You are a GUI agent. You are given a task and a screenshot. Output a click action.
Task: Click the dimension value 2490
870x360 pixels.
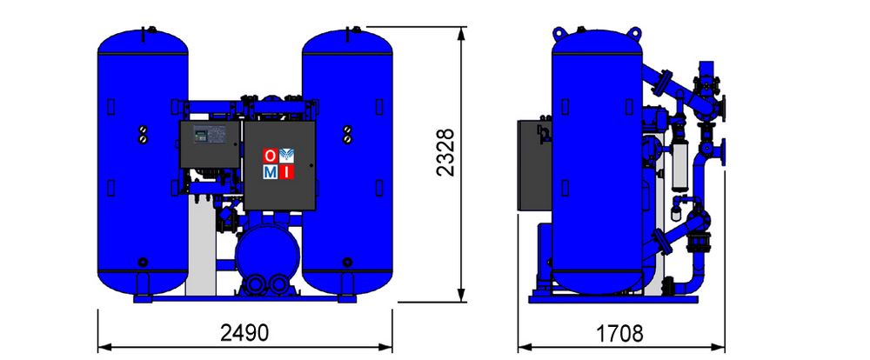244,333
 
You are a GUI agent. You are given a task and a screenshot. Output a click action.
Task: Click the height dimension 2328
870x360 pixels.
445,152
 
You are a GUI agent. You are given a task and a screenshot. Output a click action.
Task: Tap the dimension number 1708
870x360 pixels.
619,334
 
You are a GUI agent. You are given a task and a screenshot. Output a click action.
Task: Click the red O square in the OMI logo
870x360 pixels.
270,156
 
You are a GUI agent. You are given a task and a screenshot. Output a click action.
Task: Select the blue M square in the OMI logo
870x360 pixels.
271,172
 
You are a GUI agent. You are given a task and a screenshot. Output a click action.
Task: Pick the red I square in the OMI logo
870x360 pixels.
286,172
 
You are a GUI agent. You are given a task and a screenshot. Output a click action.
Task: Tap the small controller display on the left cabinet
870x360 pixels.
200,133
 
